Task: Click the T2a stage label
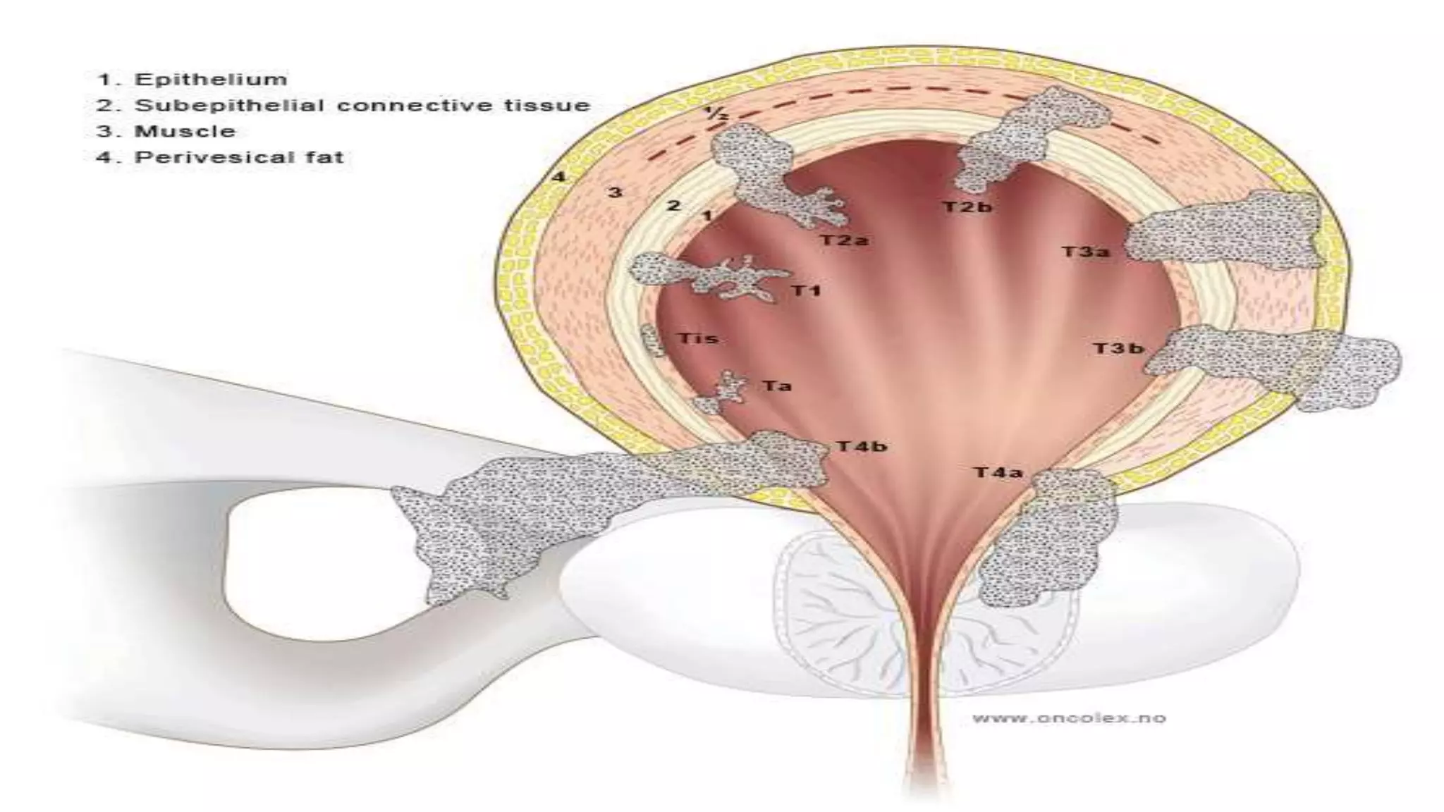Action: pyautogui.click(x=844, y=240)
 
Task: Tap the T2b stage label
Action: pyautogui.click(x=967, y=207)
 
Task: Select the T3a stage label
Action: pyautogui.click(x=1085, y=252)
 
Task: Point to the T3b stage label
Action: pyautogui.click(x=1118, y=348)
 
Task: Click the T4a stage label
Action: pyautogui.click(x=998, y=472)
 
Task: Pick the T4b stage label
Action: pyautogui.click(x=862, y=446)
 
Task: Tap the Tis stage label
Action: pyautogui.click(x=697, y=338)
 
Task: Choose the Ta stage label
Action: pyautogui.click(x=776, y=386)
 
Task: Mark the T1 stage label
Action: pyautogui.click(x=807, y=290)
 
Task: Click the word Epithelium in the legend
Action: pyautogui.click(x=210, y=79)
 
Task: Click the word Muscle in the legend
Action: pyautogui.click(x=185, y=131)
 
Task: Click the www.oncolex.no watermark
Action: pyautogui.click(x=1068, y=718)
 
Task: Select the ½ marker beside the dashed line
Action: pyautogui.click(x=714, y=114)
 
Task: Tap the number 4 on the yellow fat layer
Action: pyautogui.click(x=558, y=176)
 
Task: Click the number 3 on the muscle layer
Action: pyautogui.click(x=616, y=192)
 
